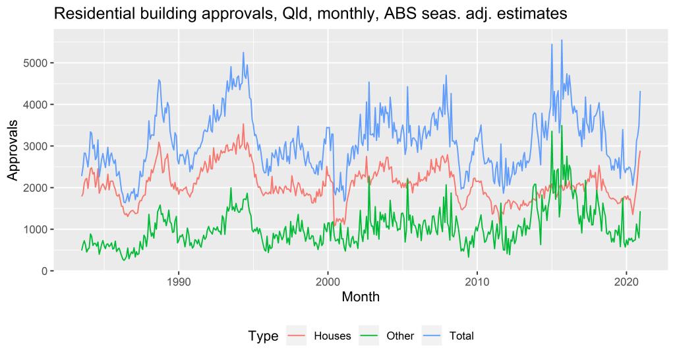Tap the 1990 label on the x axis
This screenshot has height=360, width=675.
[x=179, y=282]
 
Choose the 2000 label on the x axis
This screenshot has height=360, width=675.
[x=328, y=282]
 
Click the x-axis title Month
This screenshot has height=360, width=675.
[x=361, y=298]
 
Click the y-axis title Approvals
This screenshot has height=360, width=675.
[x=13, y=150]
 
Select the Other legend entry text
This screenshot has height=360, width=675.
[x=400, y=336]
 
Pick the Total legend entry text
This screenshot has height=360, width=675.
[x=461, y=336]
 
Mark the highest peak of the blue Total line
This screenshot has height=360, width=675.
[x=562, y=40]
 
